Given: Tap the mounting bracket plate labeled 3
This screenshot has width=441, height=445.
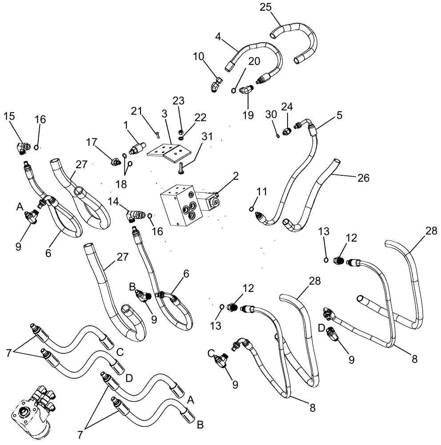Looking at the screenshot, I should click(168, 153).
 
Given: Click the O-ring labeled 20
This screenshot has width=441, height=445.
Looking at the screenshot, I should click(234, 91).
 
